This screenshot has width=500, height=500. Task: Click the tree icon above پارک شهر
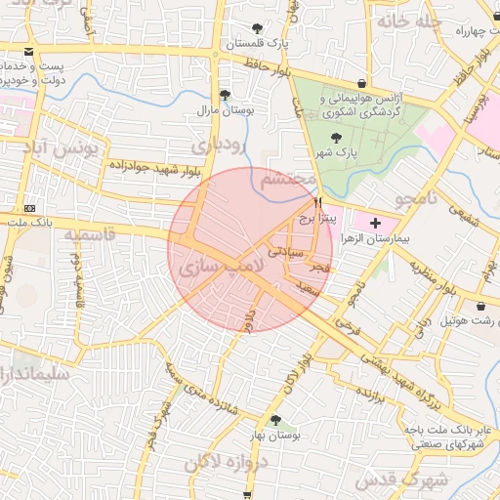pyautogui.click(x=337, y=138)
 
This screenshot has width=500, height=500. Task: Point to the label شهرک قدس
pyautogui.click(x=401, y=481)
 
